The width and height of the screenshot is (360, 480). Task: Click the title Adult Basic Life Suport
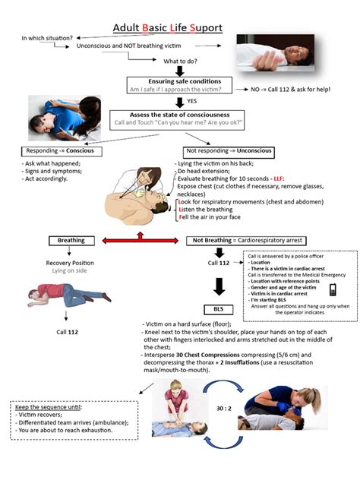click(168, 28)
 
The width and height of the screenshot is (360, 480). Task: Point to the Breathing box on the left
click(71, 241)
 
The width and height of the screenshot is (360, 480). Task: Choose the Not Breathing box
click(235, 241)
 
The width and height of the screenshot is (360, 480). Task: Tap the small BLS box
click(217, 309)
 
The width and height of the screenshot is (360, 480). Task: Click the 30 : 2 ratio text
click(224, 409)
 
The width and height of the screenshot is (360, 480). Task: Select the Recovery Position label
click(69, 262)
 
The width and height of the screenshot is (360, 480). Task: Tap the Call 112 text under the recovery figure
click(67, 332)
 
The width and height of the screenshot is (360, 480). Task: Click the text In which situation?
click(47, 37)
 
